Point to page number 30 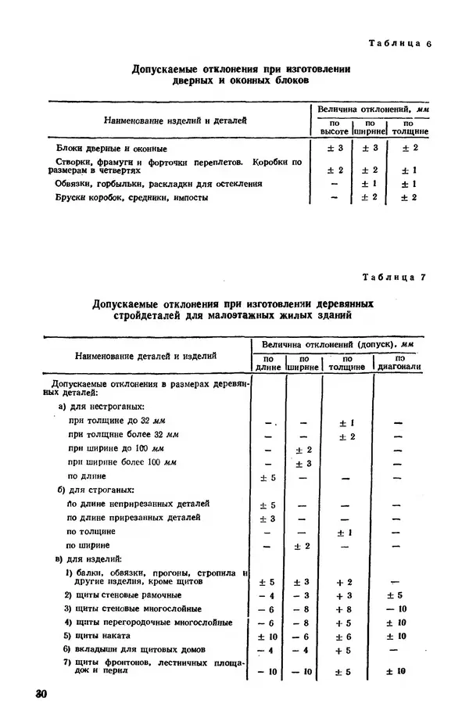(x=32, y=695)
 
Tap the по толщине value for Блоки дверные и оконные (x=408, y=148)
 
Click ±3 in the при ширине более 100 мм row (x=303, y=463)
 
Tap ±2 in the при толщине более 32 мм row (x=346, y=436)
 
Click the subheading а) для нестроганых (x=101, y=407)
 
